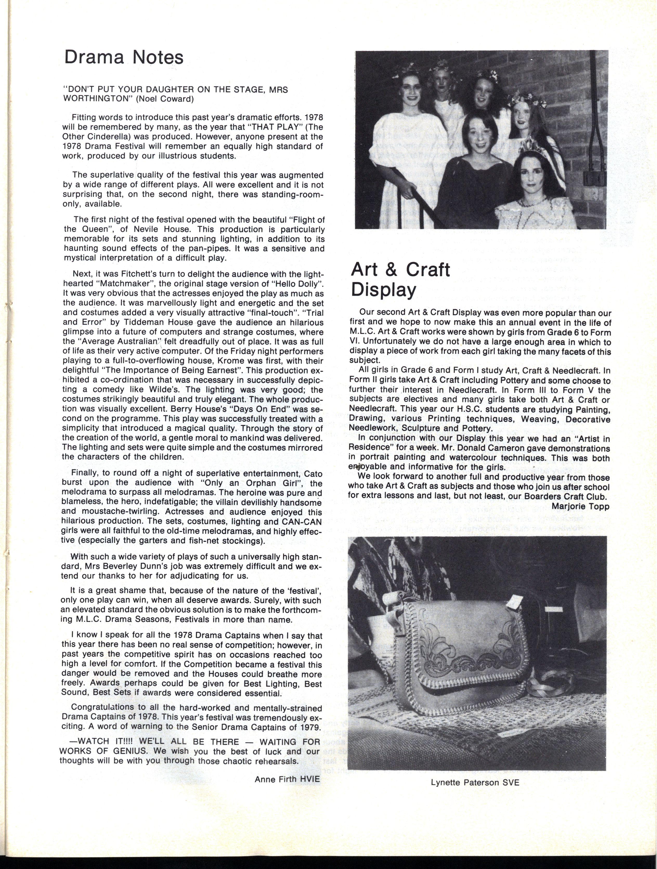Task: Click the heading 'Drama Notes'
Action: coord(124,57)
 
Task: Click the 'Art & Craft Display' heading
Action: coord(400,279)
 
